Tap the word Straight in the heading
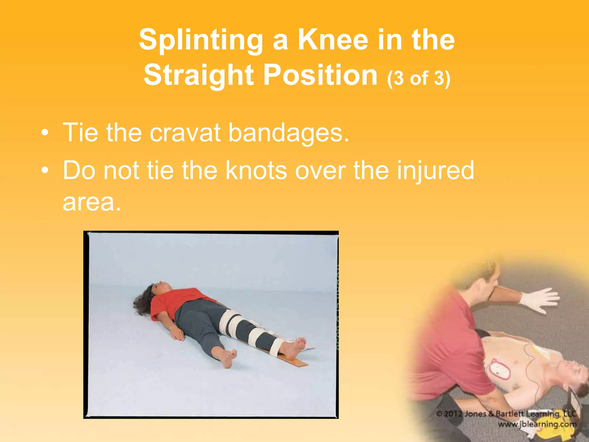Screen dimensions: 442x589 [x=198, y=75]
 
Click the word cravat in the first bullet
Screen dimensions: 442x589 [x=185, y=133]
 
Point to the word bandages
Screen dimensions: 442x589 [x=288, y=133]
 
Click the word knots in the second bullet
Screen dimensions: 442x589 [x=256, y=170]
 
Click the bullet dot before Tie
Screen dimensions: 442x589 [x=44, y=133]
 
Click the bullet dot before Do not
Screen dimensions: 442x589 [x=44, y=171]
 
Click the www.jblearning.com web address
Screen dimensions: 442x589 [x=537, y=424]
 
